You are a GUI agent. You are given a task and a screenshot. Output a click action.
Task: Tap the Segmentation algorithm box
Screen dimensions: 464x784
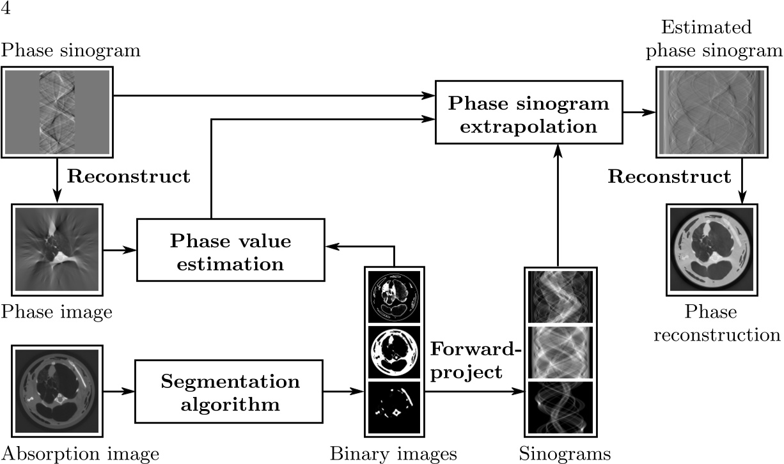pyautogui.click(x=229, y=392)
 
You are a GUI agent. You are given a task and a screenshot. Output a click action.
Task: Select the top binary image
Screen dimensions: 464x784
pyautogui.click(x=394, y=296)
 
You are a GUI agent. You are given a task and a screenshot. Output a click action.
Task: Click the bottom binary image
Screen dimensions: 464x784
pyautogui.click(x=394, y=407)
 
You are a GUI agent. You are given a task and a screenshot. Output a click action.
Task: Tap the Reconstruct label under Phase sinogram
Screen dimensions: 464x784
pyautogui.click(x=129, y=177)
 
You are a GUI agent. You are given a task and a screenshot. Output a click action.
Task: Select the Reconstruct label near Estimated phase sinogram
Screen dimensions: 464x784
pyautogui.click(x=669, y=176)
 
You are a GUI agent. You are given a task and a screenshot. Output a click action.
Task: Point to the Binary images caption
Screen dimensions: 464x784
pyautogui.click(x=393, y=454)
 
